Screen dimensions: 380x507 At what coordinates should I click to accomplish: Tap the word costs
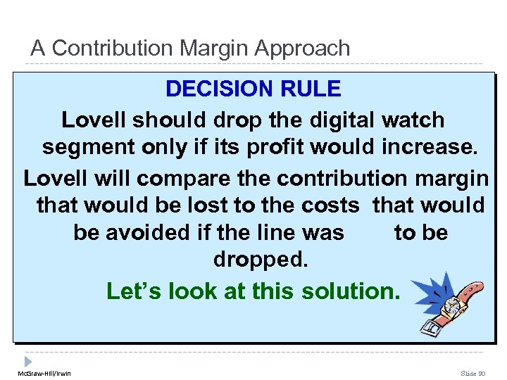330,205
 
